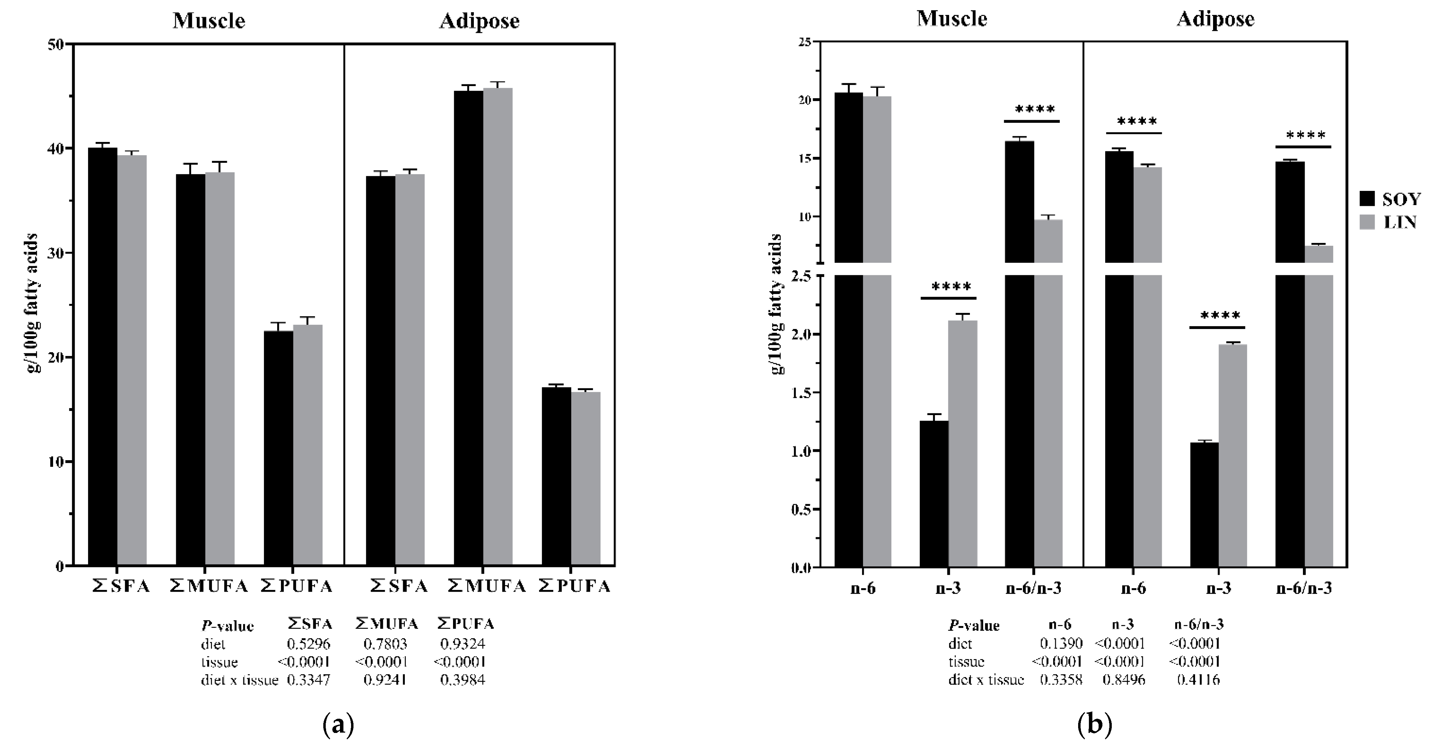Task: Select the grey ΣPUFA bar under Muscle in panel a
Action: (x=308, y=445)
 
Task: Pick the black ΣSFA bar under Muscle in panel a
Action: (x=103, y=356)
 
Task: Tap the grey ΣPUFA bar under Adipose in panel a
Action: (x=586, y=479)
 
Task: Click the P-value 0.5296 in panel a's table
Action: (x=309, y=644)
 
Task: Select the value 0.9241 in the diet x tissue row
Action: (x=385, y=680)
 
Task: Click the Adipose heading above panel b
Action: (x=1216, y=19)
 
